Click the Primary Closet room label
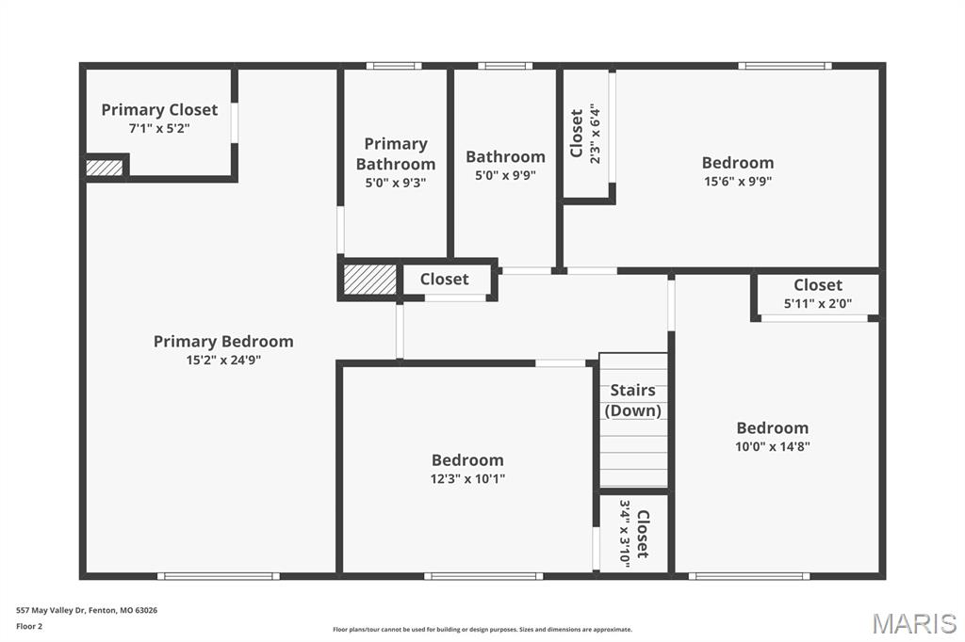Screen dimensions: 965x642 pyautogui.click(x=159, y=110)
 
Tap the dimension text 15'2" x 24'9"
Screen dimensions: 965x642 pyautogui.click(x=223, y=361)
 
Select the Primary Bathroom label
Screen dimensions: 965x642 pyautogui.click(x=396, y=153)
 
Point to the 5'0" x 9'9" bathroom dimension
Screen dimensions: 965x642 pyautogui.click(x=505, y=176)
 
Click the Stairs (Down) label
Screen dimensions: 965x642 pyautogui.click(x=632, y=400)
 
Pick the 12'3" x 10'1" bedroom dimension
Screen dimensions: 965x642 pyautogui.click(x=467, y=479)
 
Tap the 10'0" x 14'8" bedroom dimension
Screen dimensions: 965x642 pyautogui.click(x=773, y=446)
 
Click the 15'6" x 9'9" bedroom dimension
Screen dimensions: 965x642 pyautogui.click(x=738, y=182)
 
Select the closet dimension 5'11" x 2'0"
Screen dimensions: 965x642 pyautogui.click(x=818, y=303)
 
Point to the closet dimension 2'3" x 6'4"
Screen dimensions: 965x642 pyautogui.click(x=596, y=134)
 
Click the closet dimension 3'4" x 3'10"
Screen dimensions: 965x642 pyautogui.click(x=625, y=534)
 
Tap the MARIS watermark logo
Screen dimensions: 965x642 pyautogui.click(x=914, y=623)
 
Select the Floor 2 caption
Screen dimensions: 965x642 pyautogui.click(x=29, y=627)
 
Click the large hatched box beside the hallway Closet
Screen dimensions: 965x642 pyautogui.click(x=369, y=280)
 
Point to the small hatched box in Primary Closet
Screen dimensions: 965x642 pyautogui.click(x=104, y=168)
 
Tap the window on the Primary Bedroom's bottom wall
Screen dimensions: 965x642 pyautogui.click(x=219, y=576)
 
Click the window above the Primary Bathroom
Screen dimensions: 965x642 pyautogui.click(x=394, y=66)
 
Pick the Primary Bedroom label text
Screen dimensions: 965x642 pyautogui.click(x=223, y=342)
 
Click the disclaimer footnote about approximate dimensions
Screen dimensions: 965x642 pyautogui.click(x=482, y=630)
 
